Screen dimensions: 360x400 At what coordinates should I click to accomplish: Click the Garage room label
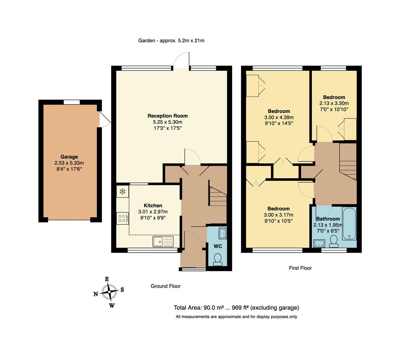pyautogui.click(x=69, y=157)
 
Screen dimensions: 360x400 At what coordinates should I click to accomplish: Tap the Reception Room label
pyautogui.click(x=168, y=116)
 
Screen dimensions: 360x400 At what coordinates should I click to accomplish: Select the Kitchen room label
pyautogui.click(x=153, y=205)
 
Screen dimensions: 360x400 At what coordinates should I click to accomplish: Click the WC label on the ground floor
pyautogui.click(x=217, y=246)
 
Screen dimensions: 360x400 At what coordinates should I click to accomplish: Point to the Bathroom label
pyautogui.click(x=328, y=219)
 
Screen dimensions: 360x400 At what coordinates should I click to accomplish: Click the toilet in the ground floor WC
pyautogui.click(x=217, y=259)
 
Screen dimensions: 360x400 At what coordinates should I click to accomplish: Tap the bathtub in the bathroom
pyautogui.click(x=349, y=223)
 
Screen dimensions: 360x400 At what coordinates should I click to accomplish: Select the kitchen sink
pyautogui.click(x=163, y=241)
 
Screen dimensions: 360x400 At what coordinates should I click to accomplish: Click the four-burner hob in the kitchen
pyautogui.click(x=122, y=218)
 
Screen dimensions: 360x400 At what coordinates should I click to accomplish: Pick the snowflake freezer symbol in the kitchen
pyautogui.click(x=122, y=192)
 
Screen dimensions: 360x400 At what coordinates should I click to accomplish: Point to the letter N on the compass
pyautogui.click(x=96, y=294)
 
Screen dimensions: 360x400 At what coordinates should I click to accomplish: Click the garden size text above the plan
pyautogui.click(x=171, y=41)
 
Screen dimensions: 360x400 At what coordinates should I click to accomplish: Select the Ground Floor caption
pyautogui.click(x=166, y=286)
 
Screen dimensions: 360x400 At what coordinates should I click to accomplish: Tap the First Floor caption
pyautogui.click(x=300, y=268)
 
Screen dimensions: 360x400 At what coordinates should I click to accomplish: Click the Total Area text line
pyautogui.click(x=236, y=308)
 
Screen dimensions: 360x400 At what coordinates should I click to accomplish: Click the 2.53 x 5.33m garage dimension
pyautogui.click(x=69, y=163)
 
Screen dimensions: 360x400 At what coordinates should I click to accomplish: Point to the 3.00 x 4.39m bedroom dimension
pyautogui.click(x=279, y=117)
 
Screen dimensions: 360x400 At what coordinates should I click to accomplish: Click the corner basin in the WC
pyautogui.click(x=222, y=233)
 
